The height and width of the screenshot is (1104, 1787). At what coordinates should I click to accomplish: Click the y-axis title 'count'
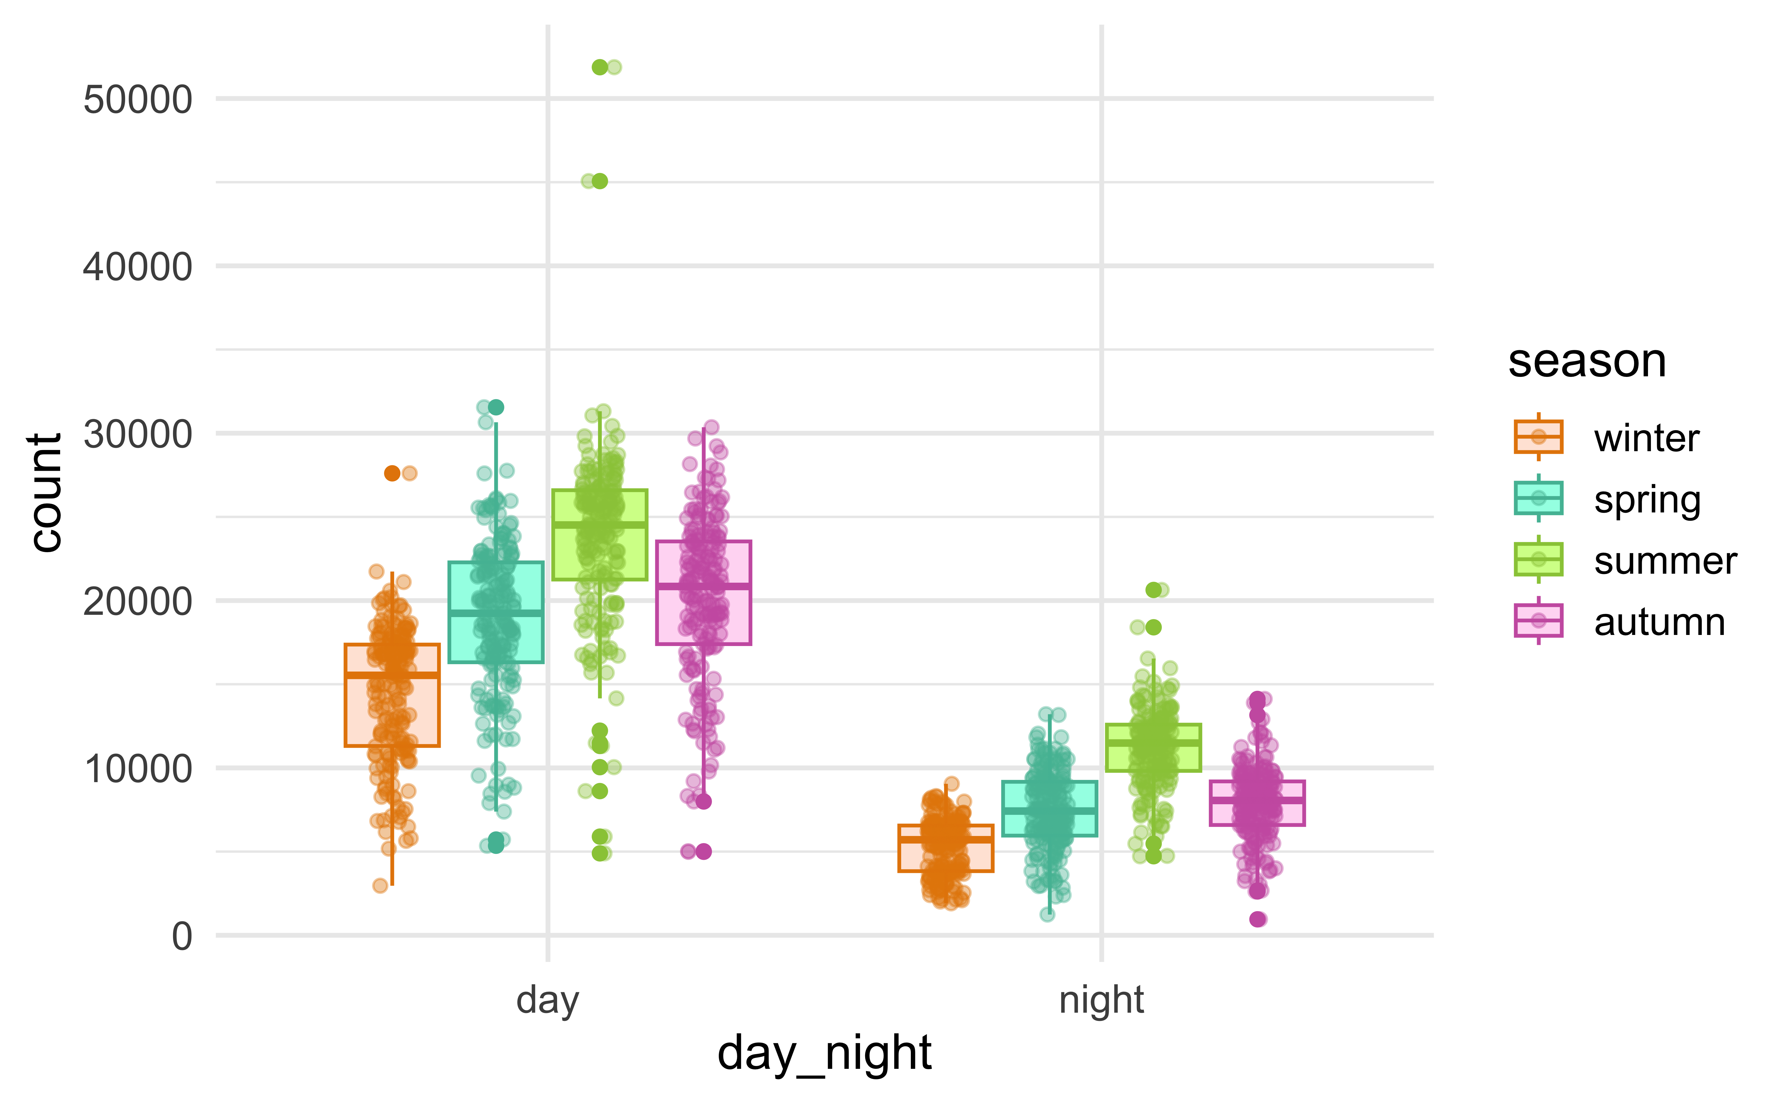tap(45, 493)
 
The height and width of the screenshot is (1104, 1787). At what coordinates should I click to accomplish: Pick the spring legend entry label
tap(1647, 500)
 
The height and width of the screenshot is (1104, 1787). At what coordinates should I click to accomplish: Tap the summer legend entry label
tap(1665, 561)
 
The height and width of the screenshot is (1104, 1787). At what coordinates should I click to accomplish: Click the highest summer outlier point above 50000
tap(600, 67)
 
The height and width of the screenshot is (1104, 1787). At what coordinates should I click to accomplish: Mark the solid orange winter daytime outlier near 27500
tap(392, 473)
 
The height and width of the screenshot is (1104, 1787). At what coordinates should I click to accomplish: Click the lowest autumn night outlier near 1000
tap(1257, 919)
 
